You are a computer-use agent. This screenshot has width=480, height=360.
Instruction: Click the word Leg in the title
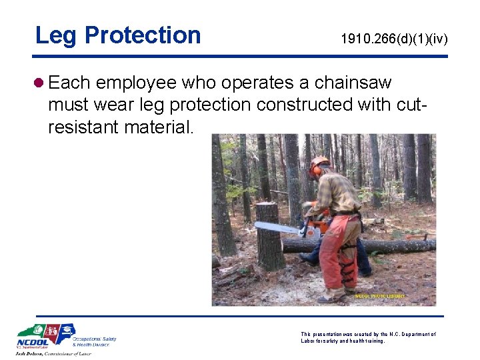click(56, 35)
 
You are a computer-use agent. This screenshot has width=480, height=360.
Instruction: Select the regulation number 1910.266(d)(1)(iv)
click(394, 40)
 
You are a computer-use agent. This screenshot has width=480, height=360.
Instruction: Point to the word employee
click(136, 83)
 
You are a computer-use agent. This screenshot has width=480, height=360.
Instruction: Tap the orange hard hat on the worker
click(320, 162)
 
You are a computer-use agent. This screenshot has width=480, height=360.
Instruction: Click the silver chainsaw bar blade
click(276, 227)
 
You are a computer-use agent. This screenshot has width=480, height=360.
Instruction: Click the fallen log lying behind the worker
click(393, 245)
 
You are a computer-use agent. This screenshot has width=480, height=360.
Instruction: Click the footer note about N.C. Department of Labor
click(368, 337)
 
